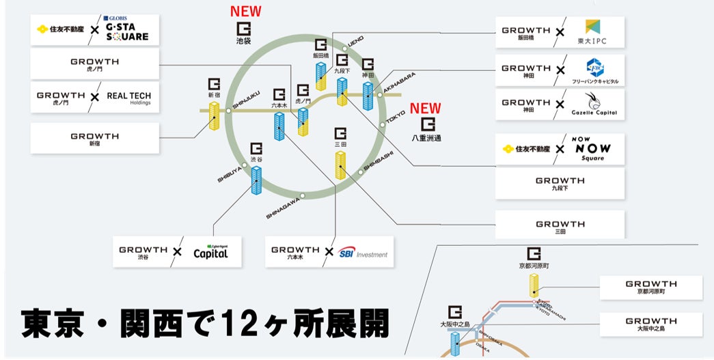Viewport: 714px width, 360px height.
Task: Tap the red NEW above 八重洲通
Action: pyautogui.click(x=425, y=109)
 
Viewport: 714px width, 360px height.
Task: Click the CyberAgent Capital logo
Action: pyautogui.click(x=210, y=251)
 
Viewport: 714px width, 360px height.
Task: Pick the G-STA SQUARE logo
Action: pyautogui.click(x=125, y=31)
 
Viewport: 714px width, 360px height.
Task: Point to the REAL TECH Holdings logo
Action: pyautogui.click(x=128, y=98)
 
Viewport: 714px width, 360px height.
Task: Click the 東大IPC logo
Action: pyautogui.click(x=592, y=33)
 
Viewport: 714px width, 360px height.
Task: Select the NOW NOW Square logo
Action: pyautogui.click(x=592, y=149)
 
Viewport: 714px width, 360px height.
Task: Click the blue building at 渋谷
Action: pyautogui.click(x=256, y=181)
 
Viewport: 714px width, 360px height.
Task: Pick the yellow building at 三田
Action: pyautogui.click(x=340, y=165)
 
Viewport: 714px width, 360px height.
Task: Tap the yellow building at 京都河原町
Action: pyautogui.click(x=534, y=285)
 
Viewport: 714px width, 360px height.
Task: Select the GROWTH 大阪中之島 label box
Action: pyautogui.click(x=650, y=324)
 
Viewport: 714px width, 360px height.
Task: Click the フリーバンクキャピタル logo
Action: pyautogui.click(x=594, y=70)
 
